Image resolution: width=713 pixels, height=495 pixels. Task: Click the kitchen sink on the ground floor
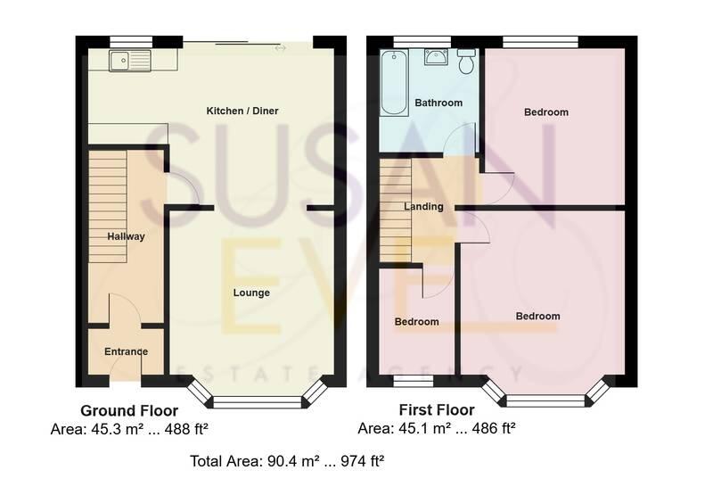click(x=129, y=61)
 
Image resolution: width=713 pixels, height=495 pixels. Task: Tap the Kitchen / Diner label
click(x=242, y=111)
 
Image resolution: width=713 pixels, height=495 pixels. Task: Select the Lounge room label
click(x=251, y=293)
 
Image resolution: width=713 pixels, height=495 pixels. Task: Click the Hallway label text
click(x=126, y=236)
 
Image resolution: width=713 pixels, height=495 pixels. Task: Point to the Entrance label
click(x=126, y=351)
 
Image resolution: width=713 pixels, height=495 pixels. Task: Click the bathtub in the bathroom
click(x=391, y=84)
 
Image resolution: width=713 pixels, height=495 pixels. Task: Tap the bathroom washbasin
click(x=437, y=59)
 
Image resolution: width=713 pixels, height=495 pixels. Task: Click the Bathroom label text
click(x=438, y=103)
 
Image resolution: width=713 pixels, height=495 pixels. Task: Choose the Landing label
click(x=423, y=207)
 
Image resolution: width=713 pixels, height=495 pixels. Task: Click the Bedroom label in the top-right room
click(x=545, y=112)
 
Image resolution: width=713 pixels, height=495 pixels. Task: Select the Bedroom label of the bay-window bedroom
click(x=537, y=317)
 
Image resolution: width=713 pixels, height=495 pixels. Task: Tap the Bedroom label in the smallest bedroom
click(x=417, y=322)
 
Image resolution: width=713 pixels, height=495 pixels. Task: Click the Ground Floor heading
click(x=129, y=411)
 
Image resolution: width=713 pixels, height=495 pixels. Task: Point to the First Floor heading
click(x=437, y=411)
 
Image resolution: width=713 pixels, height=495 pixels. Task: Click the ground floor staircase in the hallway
click(x=107, y=205)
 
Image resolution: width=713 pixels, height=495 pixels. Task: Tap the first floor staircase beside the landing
click(x=396, y=210)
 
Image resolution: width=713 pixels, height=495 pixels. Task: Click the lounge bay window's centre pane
click(x=252, y=402)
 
